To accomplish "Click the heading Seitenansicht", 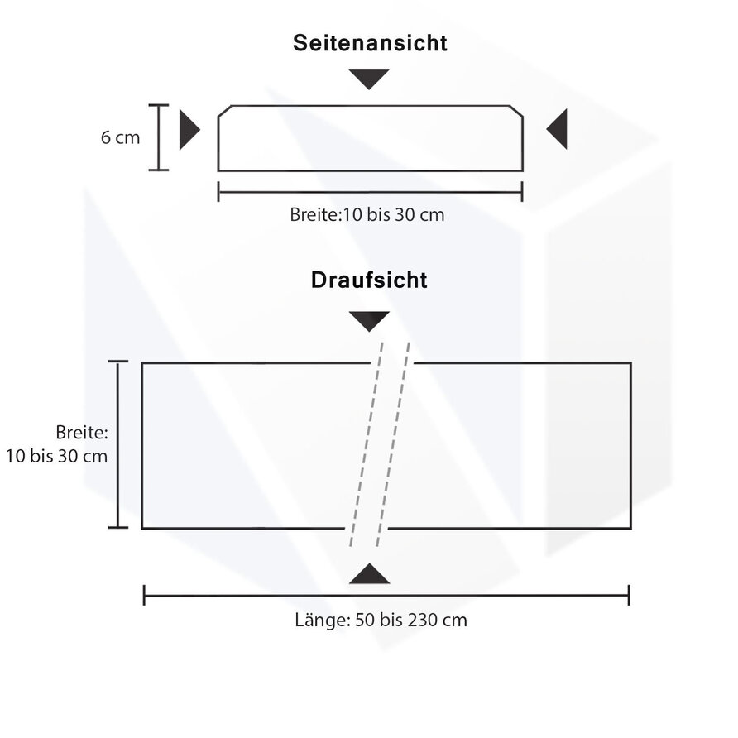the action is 370,43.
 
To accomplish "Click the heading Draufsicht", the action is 369,280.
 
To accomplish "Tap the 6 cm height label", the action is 121,137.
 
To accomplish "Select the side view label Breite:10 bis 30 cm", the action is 367,214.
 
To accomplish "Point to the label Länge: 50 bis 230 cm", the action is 381,620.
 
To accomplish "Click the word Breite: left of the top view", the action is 83,432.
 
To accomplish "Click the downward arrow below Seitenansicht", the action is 369,79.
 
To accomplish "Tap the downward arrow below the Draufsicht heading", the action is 369,321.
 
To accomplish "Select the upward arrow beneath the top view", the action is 369,574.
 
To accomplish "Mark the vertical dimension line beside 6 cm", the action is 159,137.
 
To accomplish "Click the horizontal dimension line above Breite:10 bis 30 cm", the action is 370,192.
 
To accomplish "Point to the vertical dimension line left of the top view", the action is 118,444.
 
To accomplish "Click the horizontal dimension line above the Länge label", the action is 386,595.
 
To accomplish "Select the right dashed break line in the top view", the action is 394,447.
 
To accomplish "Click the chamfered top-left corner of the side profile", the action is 224,112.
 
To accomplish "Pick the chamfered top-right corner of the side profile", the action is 516,112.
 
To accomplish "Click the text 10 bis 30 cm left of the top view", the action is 57,456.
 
